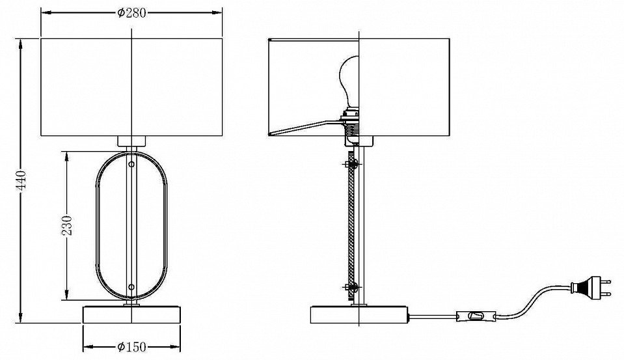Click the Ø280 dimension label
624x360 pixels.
coord(131,13)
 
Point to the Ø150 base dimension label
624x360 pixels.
coord(131,346)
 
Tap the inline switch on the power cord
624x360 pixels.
coord(476,316)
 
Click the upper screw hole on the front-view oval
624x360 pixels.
coord(131,163)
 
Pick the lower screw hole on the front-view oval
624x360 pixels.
coord(131,286)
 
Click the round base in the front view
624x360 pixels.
coord(131,314)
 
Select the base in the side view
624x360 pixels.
coord(360,314)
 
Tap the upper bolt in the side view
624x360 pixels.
coord(350,163)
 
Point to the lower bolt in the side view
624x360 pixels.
coord(350,286)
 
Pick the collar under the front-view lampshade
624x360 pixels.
coord(131,141)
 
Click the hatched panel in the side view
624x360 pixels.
coord(351,225)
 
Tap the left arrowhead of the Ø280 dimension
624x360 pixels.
coord(46,13)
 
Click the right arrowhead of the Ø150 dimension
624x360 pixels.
coord(176,346)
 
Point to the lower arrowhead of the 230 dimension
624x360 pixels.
coord(67,295)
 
